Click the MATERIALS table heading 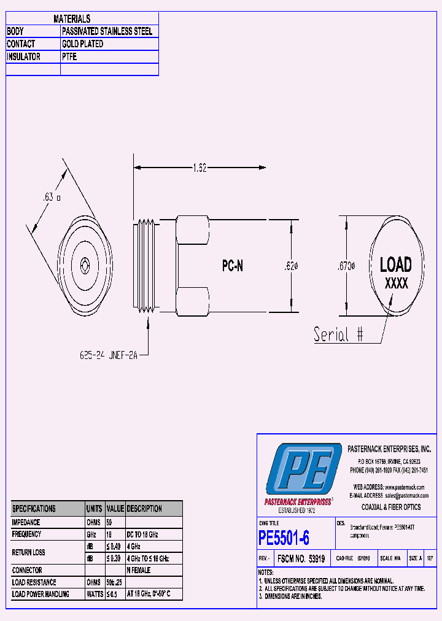(72, 19)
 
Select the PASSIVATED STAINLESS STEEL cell (107, 31)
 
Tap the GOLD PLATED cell (82, 44)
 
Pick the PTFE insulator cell (69, 56)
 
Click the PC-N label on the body (233, 266)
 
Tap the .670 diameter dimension (347, 266)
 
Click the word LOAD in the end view (395, 265)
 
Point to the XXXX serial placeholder (396, 284)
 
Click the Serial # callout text (338, 334)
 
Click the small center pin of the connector (84, 265)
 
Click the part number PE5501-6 (284, 538)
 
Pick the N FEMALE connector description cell (139, 570)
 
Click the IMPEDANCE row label (26, 522)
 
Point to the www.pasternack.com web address (406, 487)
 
